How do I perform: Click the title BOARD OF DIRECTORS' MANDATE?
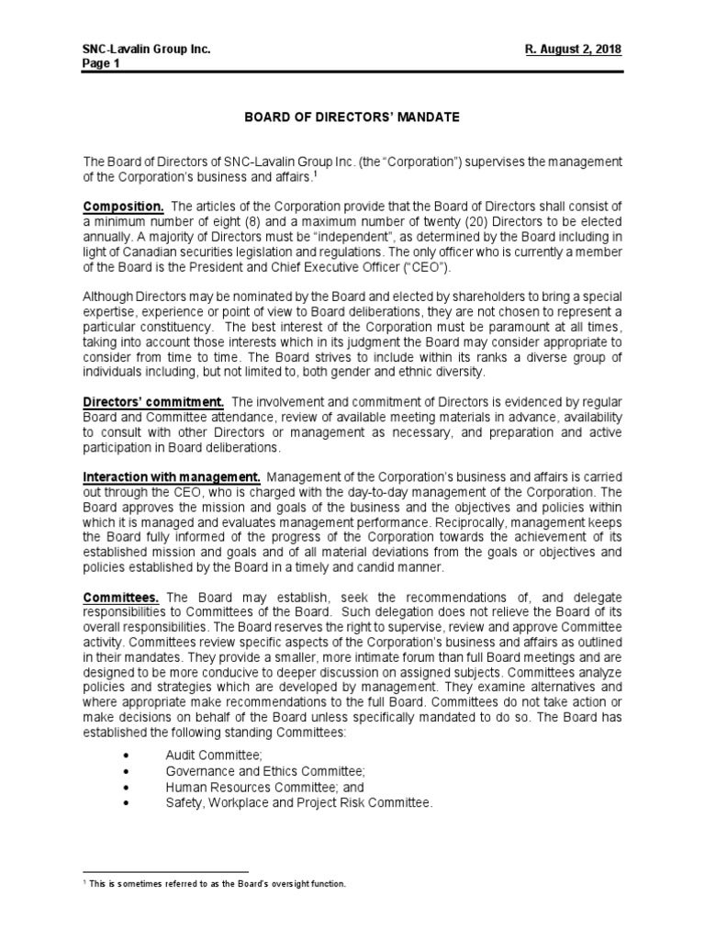352,118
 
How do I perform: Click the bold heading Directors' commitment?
154,402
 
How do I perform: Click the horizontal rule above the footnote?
166,872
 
